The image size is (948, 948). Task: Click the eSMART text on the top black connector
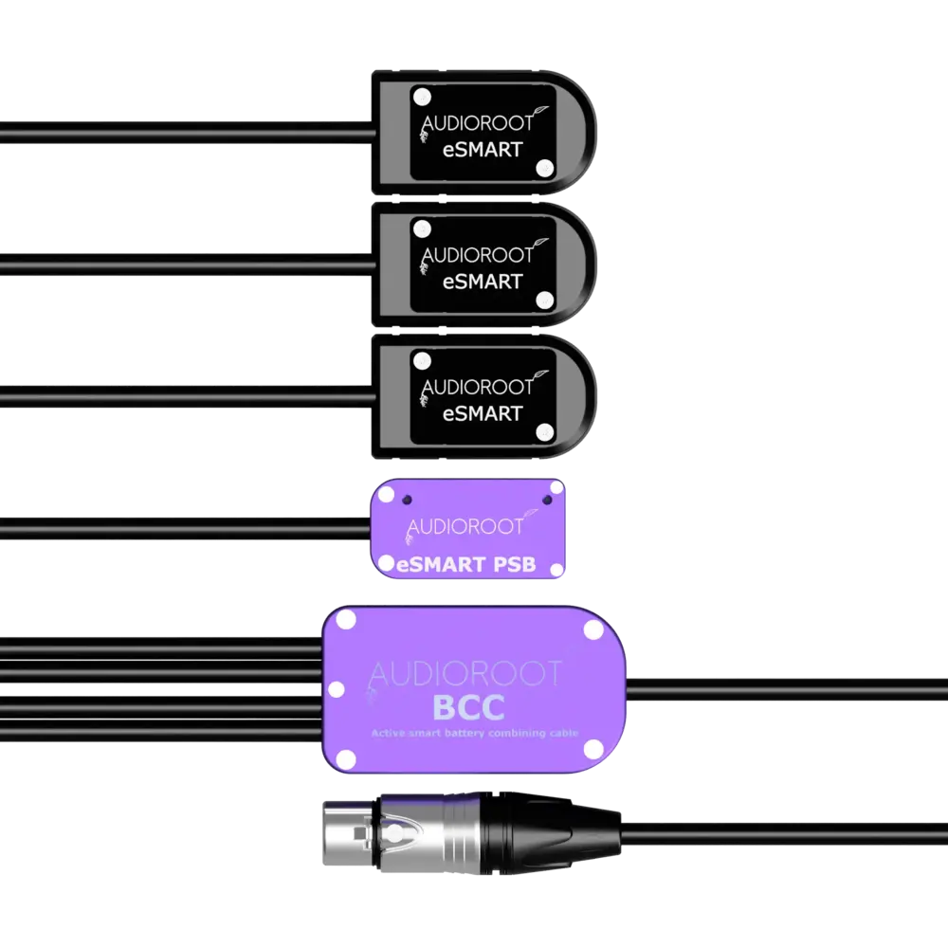[x=483, y=149]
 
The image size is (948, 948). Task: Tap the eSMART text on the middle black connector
[x=483, y=282]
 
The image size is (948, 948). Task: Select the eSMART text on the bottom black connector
[x=483, y=413]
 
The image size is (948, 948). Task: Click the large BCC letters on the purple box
[x=467, y=707]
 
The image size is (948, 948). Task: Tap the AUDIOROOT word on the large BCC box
[x=465, y=674]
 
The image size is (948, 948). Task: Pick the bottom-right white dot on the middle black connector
[x=544, y=301]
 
